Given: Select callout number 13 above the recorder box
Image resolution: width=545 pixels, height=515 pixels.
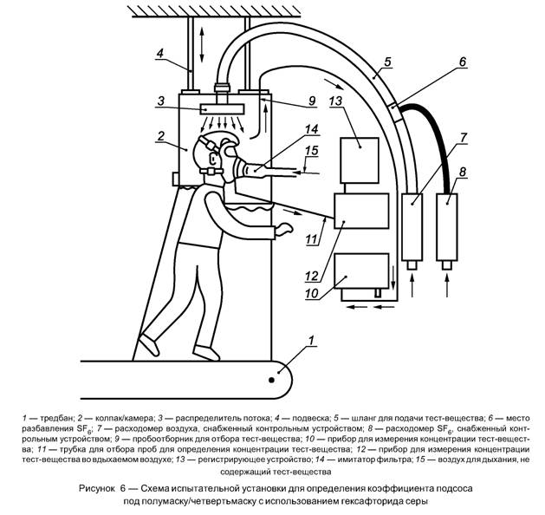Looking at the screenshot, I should click(x=337, y=101).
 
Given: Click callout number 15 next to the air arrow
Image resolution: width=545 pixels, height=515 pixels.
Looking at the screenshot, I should click(x=310, y=153).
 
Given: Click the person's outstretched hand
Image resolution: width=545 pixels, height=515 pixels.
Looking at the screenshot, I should click(x=283, y=230).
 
